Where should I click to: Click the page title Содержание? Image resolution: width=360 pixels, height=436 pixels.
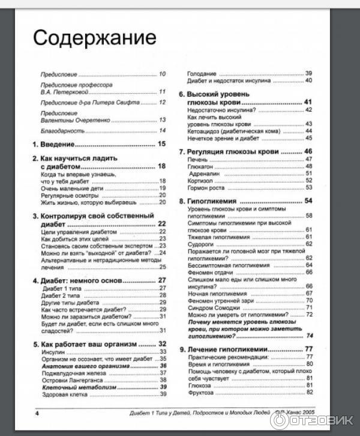click(94, 37)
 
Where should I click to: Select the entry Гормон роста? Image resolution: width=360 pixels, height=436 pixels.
click(205, 187)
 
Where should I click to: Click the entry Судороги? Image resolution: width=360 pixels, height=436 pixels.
click(200, 244)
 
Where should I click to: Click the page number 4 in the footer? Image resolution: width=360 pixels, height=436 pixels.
click(37, 414)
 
